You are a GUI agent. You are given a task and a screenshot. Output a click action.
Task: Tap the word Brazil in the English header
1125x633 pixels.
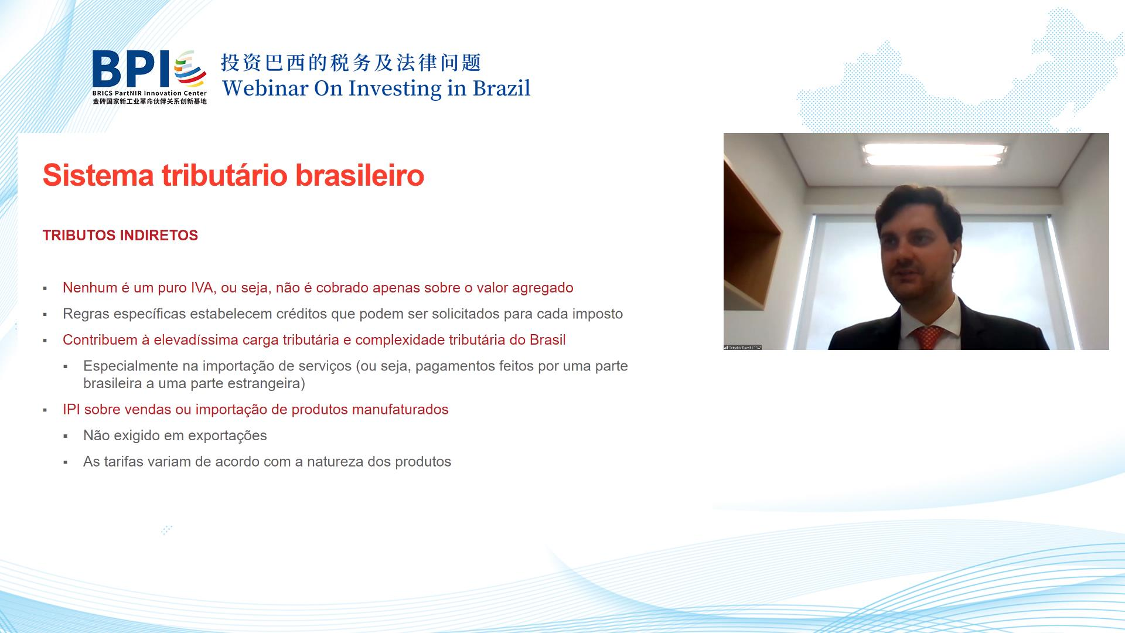[502, 89]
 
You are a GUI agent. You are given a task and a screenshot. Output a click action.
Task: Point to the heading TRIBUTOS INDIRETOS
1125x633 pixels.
[120, 236]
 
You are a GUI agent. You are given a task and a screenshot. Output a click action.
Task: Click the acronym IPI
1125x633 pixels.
[71, 410]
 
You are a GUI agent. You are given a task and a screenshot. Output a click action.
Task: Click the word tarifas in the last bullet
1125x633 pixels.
[124, 462]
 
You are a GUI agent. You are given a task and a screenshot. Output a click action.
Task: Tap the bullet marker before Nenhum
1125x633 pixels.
[45, 289]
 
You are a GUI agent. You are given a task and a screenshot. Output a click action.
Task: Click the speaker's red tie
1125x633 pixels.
[927, 338]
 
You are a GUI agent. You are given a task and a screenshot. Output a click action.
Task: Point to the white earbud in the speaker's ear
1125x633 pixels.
[953, 255]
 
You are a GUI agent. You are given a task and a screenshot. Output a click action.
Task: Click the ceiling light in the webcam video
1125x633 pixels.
[935, 154]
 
